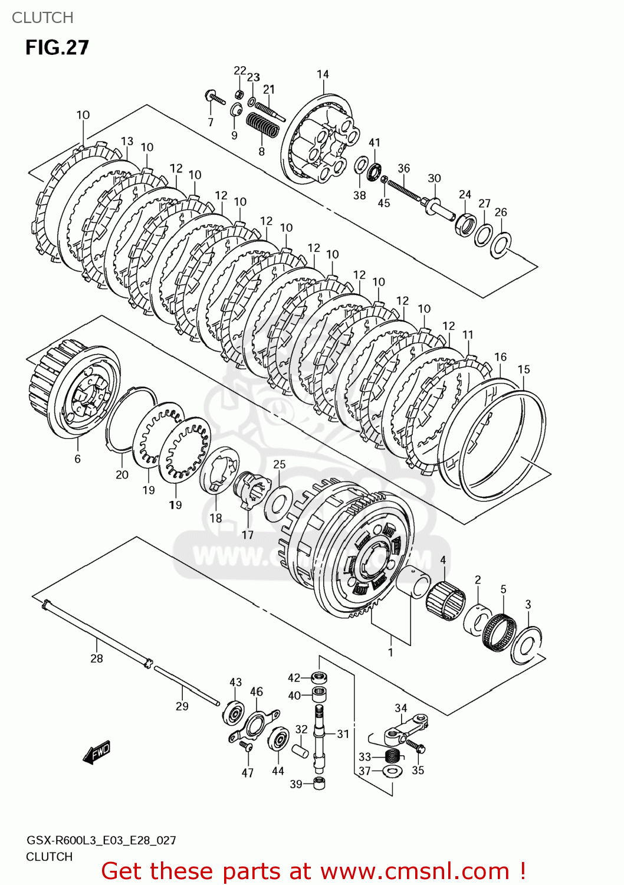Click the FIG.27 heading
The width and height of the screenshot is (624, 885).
pos(57,47)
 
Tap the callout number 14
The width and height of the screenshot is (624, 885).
pos(323,74)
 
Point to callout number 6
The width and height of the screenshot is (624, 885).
pos(77,458)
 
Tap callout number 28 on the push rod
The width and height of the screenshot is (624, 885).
pos(96,658)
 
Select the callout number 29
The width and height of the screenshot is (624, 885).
pos(182,706)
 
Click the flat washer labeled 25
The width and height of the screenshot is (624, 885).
pos(278,501)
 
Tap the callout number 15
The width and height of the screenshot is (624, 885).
pos(524,369)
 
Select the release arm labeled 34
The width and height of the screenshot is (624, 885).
pos(402,730)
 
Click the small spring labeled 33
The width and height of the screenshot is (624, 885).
pos(392,756)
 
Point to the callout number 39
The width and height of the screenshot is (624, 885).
pos(295,784)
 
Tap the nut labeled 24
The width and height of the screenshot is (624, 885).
pos(465,224)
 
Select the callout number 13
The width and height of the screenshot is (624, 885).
pos(127,141)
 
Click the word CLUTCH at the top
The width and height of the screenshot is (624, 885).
pos(42,18)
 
